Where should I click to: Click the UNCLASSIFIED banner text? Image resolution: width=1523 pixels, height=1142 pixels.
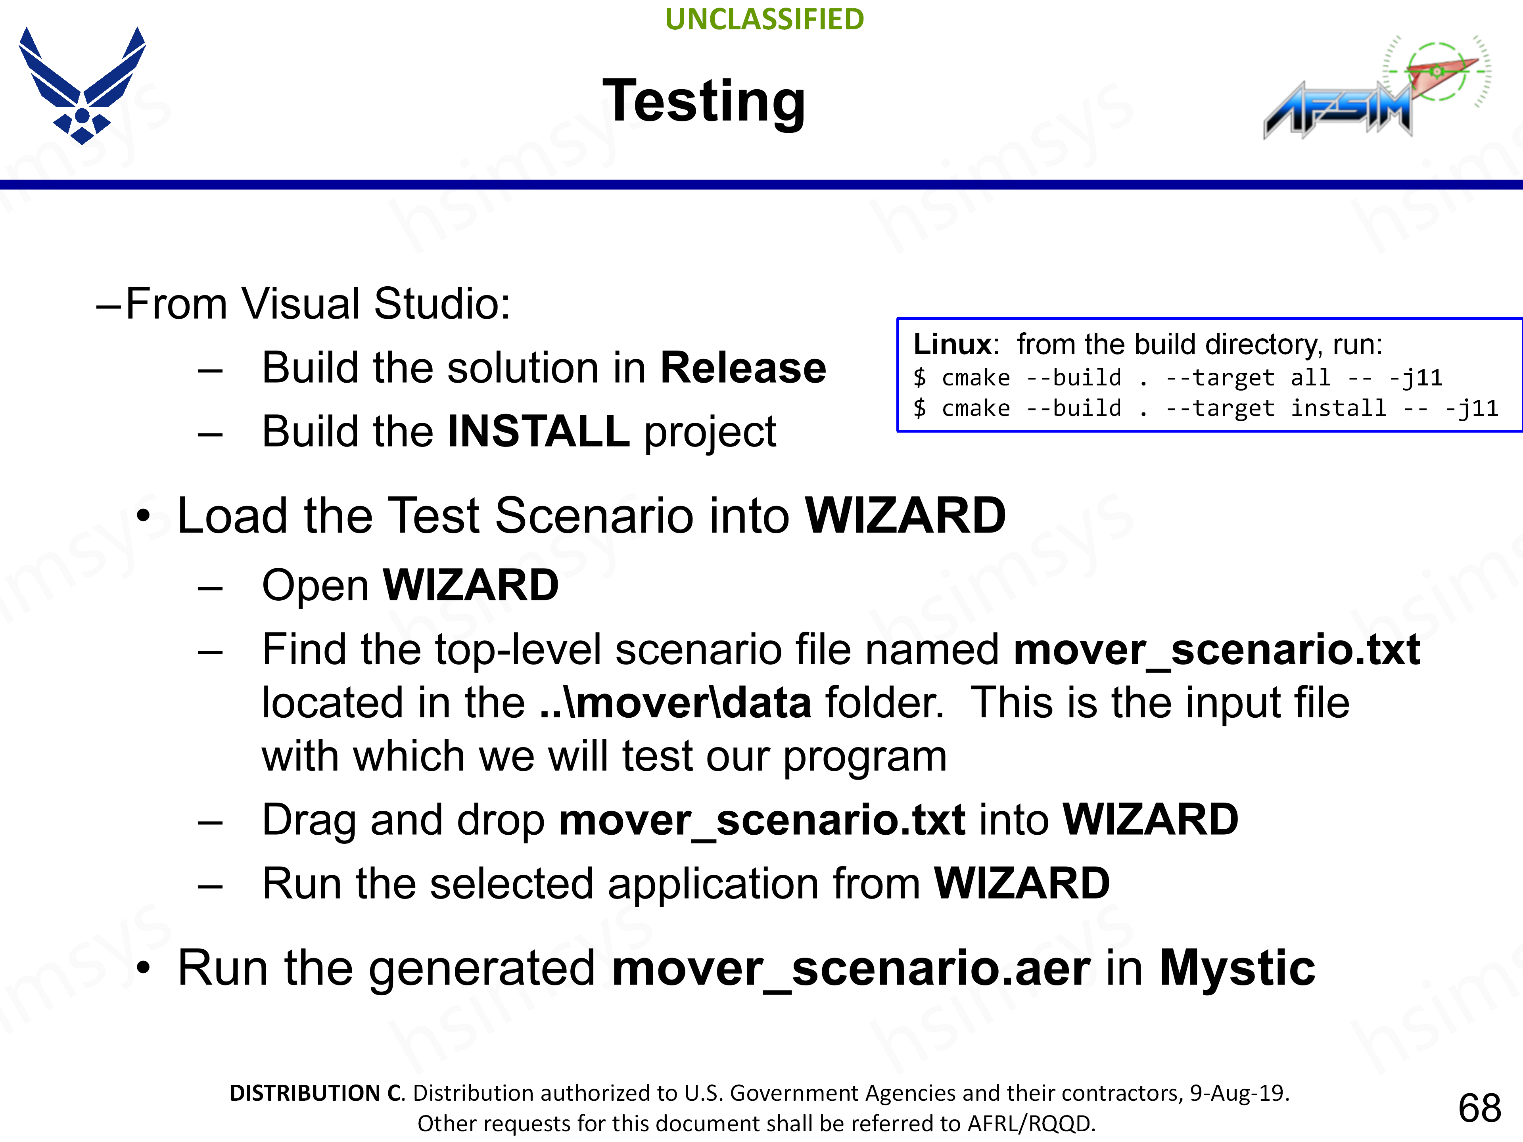tap(764, 19)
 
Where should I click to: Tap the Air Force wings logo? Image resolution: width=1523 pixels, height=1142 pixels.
tap(82, 85)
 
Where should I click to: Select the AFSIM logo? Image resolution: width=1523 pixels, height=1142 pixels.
tap(1377, 86)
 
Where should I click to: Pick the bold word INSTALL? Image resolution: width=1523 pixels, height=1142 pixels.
tap(539, 431)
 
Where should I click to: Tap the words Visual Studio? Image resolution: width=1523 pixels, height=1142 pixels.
tap(371, 304)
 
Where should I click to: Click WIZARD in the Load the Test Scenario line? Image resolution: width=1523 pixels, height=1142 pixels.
tap(905, 515)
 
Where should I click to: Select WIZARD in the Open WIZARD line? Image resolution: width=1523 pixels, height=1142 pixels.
tap(471, 586)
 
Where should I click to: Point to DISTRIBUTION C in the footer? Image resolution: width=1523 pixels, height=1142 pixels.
tap(317, 1093)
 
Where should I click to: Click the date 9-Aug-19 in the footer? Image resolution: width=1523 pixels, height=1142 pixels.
tap(1239, 1093)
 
